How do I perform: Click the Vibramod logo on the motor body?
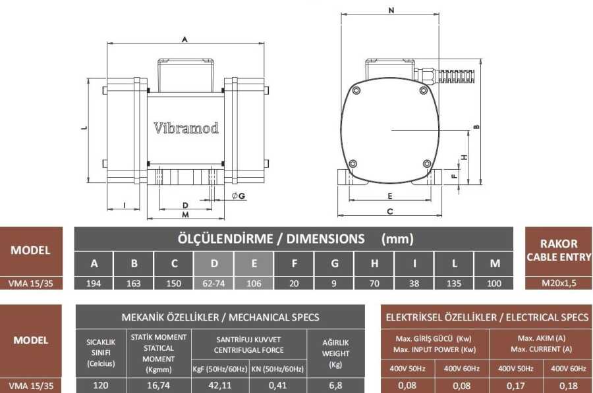(186, 128)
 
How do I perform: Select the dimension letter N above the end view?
(391, 10)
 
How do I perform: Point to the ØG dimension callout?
(239, 196)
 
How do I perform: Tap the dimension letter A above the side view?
(184, 39)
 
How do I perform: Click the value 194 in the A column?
(94, 284)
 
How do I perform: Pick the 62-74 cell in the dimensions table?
(213, 284)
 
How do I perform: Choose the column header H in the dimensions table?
(374, 263)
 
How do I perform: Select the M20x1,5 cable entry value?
(559, 283)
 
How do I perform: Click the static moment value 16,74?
(158, 386)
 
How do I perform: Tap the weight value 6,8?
(335, 386)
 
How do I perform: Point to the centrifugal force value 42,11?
(220, 386)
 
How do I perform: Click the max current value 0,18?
(569, 386)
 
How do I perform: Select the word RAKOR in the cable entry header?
(559, 244)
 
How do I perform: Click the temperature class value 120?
(101, 386)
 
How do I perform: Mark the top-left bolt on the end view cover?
(356, 91)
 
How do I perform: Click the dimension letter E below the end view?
(390, 196)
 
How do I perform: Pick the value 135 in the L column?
(454, 284)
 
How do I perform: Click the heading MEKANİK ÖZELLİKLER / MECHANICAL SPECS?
(221, 317)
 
